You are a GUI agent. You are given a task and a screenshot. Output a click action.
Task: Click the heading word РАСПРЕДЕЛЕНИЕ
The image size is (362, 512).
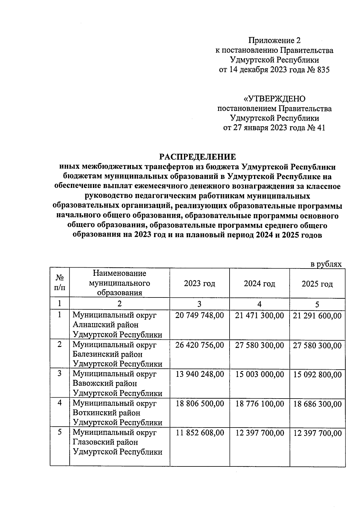pos(197,157)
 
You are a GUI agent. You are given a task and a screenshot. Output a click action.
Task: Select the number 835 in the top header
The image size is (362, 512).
pos(322,70)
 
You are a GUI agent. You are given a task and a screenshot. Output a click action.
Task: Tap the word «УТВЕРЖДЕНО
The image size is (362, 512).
pos(274,99)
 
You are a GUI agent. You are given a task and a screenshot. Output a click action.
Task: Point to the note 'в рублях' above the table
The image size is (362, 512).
pos(326,264)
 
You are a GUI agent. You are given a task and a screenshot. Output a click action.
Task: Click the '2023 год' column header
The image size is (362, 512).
pos(199,284)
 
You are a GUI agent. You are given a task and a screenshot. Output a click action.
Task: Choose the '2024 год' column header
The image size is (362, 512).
pos(259,284)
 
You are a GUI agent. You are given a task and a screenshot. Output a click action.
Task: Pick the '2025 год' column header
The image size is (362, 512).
pos(317,284)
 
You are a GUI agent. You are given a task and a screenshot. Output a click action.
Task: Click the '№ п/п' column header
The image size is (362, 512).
pos(60,283)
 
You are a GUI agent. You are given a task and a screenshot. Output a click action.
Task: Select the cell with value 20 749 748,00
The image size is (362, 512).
pos(199,316)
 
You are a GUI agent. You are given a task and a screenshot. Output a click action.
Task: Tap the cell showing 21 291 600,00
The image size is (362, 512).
pos(317,316)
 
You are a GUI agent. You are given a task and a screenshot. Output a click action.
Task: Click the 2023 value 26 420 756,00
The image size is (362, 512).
pos(199,345)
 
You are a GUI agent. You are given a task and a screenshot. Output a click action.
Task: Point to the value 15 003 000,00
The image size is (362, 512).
pos(259,374)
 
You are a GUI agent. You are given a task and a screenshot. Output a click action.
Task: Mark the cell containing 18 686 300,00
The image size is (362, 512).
pos(317,404)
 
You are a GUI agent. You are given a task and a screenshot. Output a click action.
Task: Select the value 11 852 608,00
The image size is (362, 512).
pos(199,433)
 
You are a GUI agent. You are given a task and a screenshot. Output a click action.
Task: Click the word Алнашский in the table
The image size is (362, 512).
pos(106,325)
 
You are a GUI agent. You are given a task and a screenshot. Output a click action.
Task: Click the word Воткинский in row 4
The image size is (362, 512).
pos(106,413)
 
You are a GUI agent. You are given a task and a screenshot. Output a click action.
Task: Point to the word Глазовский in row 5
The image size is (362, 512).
pos(105,442)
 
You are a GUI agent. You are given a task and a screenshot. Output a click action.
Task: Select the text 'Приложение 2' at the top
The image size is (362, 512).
pos(275,40)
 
